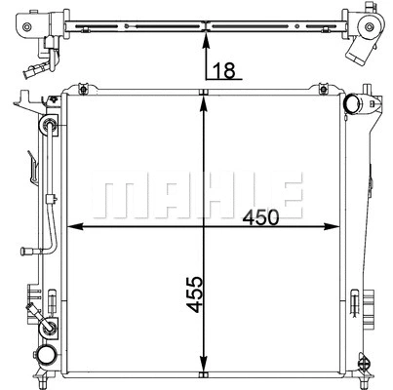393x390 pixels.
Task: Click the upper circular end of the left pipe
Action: (x=47, y=128)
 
